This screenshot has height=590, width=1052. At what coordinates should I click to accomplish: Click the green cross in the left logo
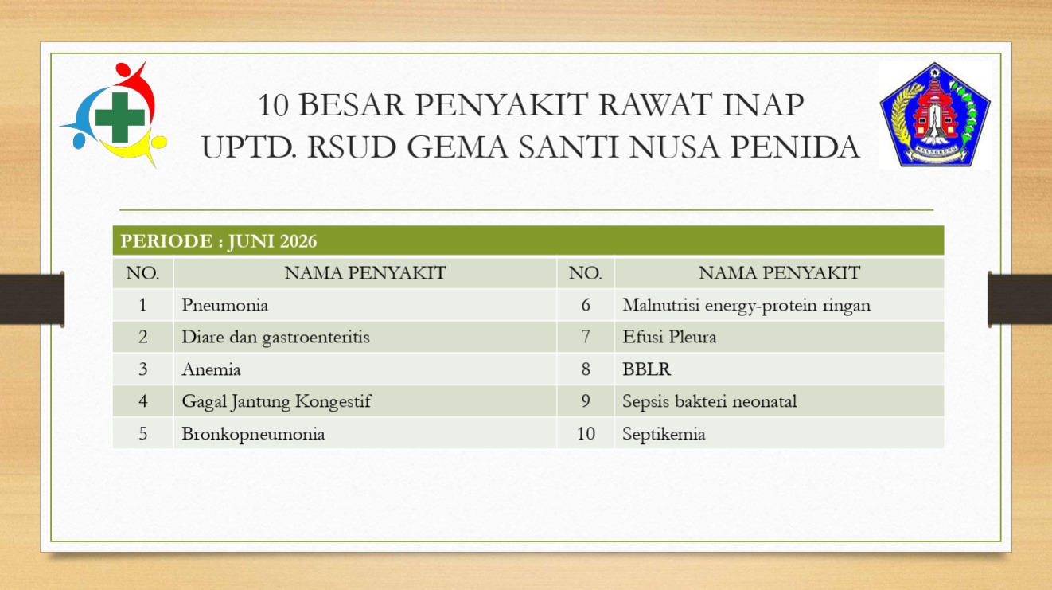point(119,117)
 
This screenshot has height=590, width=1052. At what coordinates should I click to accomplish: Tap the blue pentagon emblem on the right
point(935,115)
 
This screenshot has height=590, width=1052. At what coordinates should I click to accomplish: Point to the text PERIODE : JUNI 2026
point(219,241)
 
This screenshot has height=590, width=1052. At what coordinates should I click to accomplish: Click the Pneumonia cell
point(225,305)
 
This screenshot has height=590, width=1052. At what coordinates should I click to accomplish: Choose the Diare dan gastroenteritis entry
point(275,338)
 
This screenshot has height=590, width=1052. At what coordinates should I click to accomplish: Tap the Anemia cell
point(212,369)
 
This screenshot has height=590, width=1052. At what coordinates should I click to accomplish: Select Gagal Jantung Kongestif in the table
point(277,401)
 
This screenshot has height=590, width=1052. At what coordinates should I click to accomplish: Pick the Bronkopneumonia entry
point(253,434)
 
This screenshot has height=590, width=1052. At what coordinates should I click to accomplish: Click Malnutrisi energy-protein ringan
point(746,305)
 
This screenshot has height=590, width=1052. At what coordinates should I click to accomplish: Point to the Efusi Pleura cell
point(670,337)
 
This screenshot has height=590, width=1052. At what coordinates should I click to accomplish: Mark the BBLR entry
point(647,369)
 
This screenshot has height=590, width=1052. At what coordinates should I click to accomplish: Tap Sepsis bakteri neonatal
point(710,401)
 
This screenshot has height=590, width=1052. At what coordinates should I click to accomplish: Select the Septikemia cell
point(664,434)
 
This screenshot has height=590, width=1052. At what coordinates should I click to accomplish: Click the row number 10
point(586,434)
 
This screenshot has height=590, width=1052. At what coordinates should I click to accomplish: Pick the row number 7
point(586,337)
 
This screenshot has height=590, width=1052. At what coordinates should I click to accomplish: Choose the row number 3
point(143,369)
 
